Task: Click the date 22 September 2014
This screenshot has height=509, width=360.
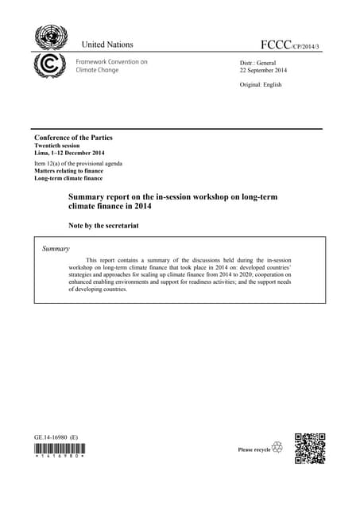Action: tap(263, 71)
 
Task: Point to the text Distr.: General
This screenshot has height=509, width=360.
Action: tap(257, 61)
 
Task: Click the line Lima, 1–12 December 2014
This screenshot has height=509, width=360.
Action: tap(68, 154)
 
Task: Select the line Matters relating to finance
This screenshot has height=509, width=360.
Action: tap(69, 171)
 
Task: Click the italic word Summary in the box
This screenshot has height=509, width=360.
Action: tap(56, 250)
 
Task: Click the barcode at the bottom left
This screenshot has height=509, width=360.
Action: tap(60, 451)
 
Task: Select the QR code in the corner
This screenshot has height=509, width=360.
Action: tap(310, 448)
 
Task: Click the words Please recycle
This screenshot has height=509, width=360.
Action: tap(254, 450)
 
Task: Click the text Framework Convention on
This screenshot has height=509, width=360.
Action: tap(111, 61)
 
